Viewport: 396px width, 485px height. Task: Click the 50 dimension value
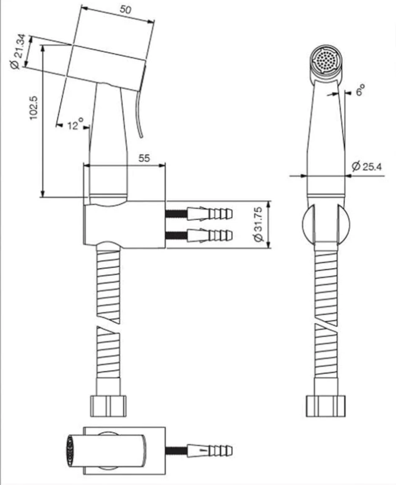[x=125, y=10]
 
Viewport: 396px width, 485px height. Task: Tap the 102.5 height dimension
[x=33, y=108]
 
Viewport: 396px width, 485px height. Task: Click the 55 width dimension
[x=144, y=158]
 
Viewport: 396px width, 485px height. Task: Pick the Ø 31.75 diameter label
[x=258, y=224]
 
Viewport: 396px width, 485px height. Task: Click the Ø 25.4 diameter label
[x=367, y=167]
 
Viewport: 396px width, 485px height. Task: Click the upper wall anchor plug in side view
[x=210, y=214]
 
